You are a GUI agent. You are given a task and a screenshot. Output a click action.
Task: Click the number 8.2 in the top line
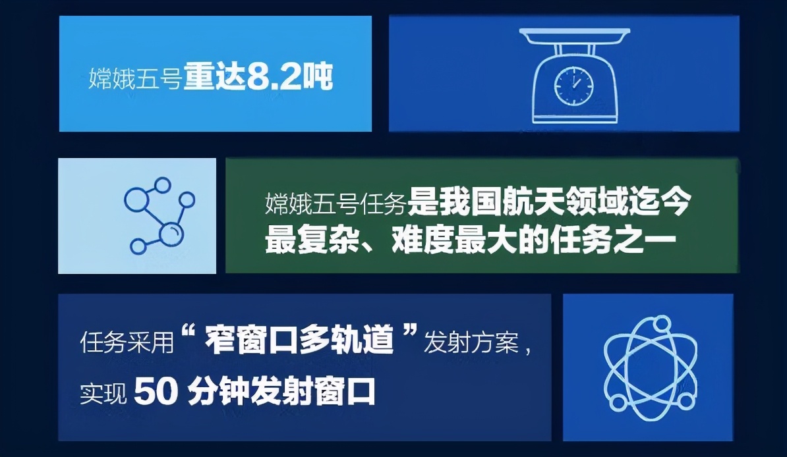[274, 77]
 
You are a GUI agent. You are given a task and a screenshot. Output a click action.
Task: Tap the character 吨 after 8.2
[318, 77]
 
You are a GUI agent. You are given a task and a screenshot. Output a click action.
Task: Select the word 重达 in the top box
[214, 77]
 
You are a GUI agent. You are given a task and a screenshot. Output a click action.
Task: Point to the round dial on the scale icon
[573, 85]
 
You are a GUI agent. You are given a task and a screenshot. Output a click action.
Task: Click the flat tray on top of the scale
[574, 35]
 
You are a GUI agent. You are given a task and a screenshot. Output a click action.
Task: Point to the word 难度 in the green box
[422, 240]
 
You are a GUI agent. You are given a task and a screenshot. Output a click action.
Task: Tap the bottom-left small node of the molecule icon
[138, 246]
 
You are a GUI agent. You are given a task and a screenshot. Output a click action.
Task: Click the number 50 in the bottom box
[156, 391]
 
